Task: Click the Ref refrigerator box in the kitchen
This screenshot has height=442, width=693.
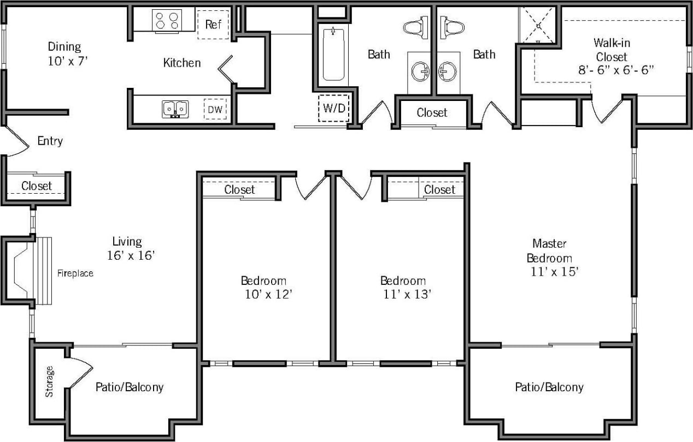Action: [213, 25]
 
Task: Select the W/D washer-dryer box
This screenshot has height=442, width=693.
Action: [334, 108]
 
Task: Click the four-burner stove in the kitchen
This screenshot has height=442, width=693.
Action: [167, 21]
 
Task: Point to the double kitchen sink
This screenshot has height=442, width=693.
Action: [175, 109]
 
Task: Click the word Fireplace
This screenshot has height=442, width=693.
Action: [75, 273]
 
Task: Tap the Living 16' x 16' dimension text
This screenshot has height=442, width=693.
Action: [132, 254]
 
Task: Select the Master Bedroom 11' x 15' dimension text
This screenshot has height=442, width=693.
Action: [554, 272]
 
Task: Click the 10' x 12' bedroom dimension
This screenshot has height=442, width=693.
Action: [269, 295]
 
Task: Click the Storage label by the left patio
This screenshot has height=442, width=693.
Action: [50, 381]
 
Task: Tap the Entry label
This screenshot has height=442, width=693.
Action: [50, 141]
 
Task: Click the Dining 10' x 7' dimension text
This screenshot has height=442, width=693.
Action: [67, 61]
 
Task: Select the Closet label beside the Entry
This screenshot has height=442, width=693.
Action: [37, 186]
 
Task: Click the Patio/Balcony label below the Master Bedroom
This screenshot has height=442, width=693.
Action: [549, 387]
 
